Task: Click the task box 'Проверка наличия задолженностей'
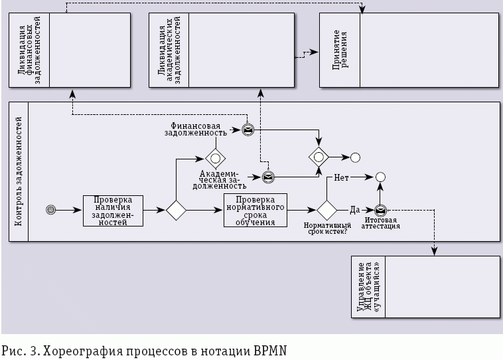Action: coord(112,210)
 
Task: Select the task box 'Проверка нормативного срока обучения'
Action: coord(255,210)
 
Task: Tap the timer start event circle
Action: coord(50,210)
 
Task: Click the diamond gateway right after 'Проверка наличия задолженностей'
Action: coord(176,210)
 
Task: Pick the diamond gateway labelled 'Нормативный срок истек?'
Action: coord(326,210)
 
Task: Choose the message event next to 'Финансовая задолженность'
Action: coord(247,130)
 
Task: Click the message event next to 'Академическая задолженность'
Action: coord(268,177)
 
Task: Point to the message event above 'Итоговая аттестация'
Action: coord(381,210)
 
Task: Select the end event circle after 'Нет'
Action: coord(380,177)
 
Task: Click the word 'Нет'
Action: coord(341,178)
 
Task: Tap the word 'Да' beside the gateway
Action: coord(354,209)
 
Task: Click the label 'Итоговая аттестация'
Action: coord(382,223)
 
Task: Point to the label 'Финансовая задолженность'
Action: coord(196,128)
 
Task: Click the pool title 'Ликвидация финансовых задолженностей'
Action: coord(29,50)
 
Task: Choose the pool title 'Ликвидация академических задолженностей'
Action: coord(169,50)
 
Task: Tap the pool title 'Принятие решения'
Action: coord(340,50)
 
